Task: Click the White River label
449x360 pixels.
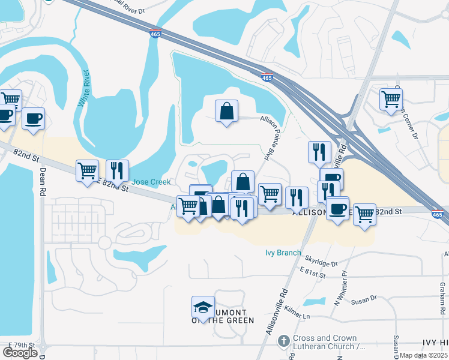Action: point(86,89)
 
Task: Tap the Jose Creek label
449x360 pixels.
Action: point(151,182)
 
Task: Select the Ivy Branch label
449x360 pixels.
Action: point(283,253)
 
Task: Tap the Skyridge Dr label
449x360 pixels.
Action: point(321,263)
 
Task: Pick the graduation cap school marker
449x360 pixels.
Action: point(203,307)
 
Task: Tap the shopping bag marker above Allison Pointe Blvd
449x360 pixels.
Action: point(226,111)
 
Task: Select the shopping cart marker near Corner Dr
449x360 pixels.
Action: point(391,98)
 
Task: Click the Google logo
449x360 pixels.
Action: point(20,353)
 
